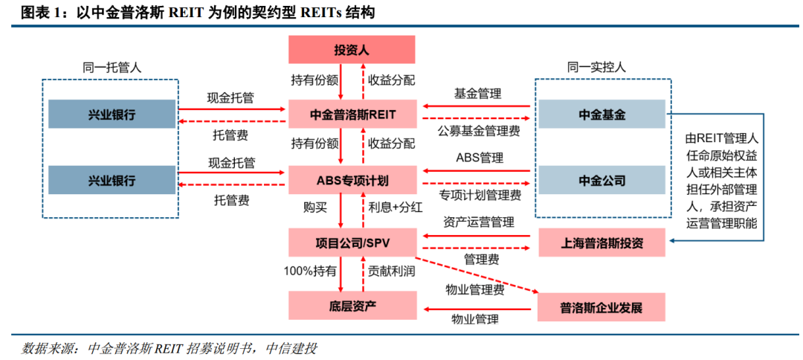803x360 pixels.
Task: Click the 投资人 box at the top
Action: (x=352, y=50)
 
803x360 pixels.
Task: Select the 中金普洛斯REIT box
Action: (x=352, y=114)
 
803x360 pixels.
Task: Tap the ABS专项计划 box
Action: (x=352, y=180)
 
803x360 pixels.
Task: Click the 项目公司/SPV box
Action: (x=352, y=242)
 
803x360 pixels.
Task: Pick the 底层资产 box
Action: (x=352, y=306)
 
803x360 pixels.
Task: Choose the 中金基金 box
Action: (x=602, y=115)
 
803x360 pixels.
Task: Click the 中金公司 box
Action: (x=602, y=180)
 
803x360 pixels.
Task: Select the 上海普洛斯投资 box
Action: (x=602, y=242)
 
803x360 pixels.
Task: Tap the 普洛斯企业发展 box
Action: (x=602, y=307)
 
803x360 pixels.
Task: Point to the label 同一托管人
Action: (x=111, y=67)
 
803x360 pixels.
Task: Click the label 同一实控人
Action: (x=596, y=67)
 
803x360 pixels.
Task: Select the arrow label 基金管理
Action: (x=477, y=93)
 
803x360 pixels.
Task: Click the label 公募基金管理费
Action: (x=480, y=131)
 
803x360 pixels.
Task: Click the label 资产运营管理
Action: (x=479, y=222)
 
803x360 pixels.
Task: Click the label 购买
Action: (x=315, y=208)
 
